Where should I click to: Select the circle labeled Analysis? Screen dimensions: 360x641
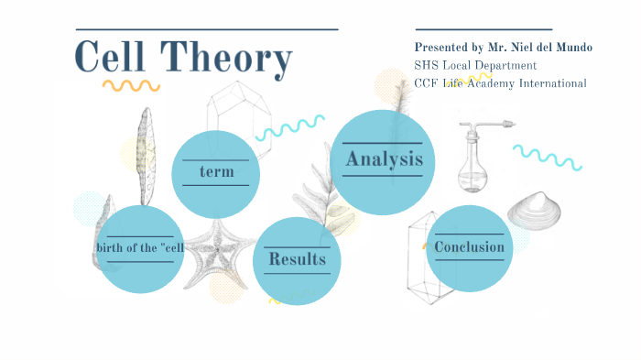point(383,159)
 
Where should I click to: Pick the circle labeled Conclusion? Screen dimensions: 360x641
point(469,247)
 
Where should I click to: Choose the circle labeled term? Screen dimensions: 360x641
point(216,172)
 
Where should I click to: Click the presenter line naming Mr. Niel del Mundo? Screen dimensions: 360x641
point(503,47)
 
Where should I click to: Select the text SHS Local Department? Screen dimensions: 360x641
point(475,65)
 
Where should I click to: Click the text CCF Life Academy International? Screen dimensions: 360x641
point(500,83)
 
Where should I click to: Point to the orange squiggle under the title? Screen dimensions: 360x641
point(130,85)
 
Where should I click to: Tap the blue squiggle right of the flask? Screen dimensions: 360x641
point(547,157)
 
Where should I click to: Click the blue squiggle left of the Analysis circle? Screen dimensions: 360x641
point(289,127)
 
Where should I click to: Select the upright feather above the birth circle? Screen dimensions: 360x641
point(145,156)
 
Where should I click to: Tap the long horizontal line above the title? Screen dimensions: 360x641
point(206,29)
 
